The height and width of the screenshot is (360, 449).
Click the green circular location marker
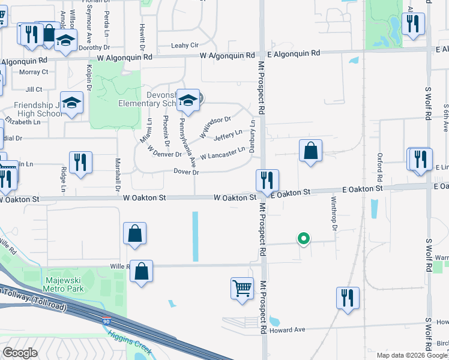pyautogui.click(x=304, y=239)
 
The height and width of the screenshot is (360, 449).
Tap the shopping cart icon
pyautogui.click(x=242, y=287)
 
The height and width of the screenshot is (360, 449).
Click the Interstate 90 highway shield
pyautogui.click(x=106, y=321)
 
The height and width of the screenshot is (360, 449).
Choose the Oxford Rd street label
pyautogui.click(x=380, y=167)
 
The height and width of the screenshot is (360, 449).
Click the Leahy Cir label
pyautogui.click(x=184, y=45)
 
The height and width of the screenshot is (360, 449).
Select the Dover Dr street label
pyautogui.click(x=186, y=172)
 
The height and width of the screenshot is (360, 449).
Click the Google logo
pyautogui.click(x=20, y=352)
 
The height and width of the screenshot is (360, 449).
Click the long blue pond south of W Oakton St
pyautogui.click(x=196, y=236)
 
